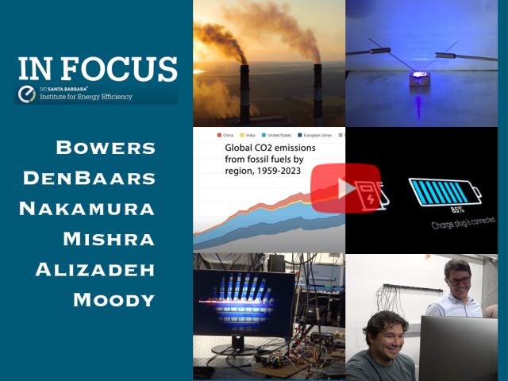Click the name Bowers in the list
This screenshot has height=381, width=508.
[x=106, y=148]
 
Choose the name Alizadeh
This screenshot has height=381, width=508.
[x=95, y=269]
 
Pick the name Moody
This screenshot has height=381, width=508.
[x=114, y=299]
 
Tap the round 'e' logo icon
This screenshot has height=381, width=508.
[x=26, y=94]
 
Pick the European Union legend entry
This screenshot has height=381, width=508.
[x=328, y=136]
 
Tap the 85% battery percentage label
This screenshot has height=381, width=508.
[x=458, y=210]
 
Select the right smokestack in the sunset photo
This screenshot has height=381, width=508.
[x=317, y=91]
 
